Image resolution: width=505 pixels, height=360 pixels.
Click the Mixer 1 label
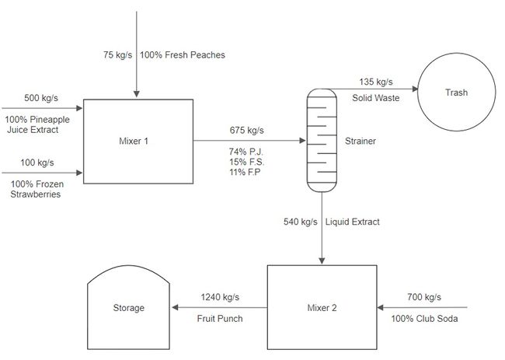134,142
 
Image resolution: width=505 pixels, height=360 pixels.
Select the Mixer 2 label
322,308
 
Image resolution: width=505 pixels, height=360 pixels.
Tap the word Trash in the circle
456,93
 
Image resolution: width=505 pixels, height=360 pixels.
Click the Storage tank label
128,308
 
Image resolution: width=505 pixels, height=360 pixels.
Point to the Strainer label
360,142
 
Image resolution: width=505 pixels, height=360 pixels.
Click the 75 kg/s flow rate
117,54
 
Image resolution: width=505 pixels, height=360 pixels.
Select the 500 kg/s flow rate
41,98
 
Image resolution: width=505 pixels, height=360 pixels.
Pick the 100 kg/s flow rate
37,163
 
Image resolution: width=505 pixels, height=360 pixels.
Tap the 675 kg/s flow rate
247,130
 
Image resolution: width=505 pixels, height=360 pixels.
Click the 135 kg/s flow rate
376,82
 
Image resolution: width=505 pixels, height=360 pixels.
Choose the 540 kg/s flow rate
301,222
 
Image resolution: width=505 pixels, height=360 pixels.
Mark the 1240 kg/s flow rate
220,297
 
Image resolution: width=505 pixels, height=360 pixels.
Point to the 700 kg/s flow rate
424,297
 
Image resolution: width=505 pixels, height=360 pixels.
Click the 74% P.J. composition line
246,152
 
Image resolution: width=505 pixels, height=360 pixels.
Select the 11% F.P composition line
245,172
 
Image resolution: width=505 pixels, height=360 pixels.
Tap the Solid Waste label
376,98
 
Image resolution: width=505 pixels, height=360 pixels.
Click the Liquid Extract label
353,222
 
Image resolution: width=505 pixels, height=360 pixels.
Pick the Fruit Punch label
220,319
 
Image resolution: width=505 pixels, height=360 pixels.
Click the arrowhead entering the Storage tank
175,307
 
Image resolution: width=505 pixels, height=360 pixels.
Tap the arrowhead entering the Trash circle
415,89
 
